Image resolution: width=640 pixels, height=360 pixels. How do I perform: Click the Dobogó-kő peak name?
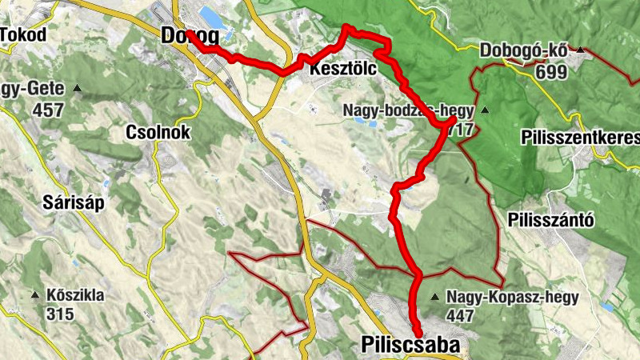[x=524, y=51]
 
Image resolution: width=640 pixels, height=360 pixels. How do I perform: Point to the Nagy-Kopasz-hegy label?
[x=512, y=297]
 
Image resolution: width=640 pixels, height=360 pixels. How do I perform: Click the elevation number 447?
[x=462, y=316]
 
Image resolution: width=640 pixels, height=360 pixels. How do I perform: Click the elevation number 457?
[x=50, y=110]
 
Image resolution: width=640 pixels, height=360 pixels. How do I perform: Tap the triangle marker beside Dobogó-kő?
[x=581, y=51]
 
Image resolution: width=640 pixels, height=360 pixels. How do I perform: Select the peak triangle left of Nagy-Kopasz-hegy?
[x=434, y=298]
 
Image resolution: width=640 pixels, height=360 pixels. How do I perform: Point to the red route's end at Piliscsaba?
[x=418, y=333]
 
